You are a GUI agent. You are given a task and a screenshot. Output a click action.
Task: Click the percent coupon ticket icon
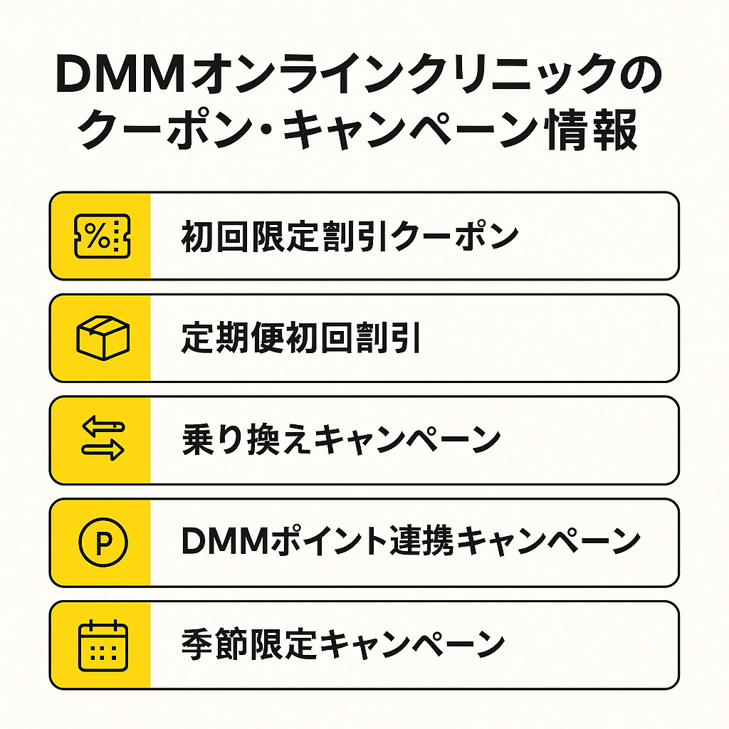click(x=102, y=236)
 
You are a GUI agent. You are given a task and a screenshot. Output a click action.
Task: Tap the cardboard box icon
click(x=102, y=338)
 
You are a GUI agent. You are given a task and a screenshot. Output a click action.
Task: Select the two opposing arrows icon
click(x=103, y=440)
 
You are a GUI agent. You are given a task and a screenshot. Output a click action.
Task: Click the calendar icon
click(x=102, y=645)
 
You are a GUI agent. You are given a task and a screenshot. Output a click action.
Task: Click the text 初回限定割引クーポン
click(x=349, y=236)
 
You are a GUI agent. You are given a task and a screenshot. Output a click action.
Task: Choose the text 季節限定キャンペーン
click(x=342, y=645)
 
